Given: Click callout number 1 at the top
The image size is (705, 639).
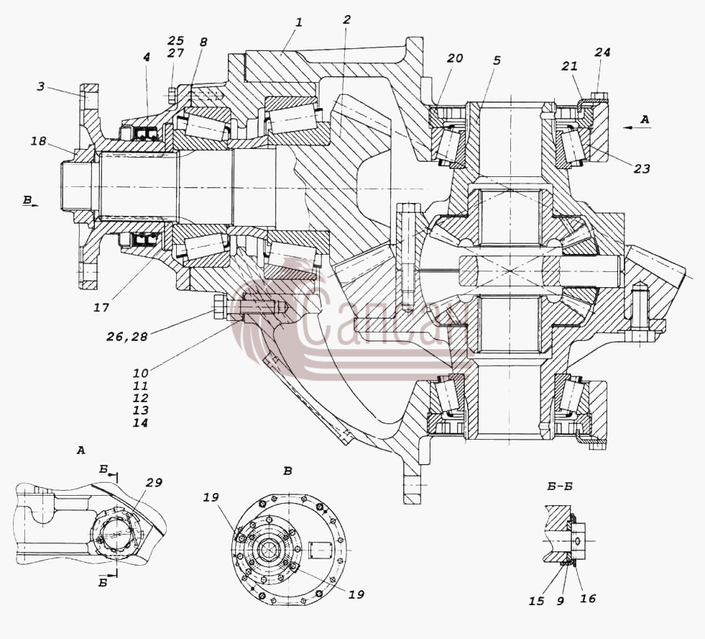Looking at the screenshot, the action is point(299,22).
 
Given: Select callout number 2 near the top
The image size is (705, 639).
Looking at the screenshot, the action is point(346,20).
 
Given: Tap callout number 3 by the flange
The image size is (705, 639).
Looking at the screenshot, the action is point(40,86).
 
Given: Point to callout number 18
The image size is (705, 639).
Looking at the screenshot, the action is point(39,141).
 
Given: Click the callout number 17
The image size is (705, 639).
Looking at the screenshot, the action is point(101,307).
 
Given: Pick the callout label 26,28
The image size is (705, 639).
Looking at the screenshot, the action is point(126,336).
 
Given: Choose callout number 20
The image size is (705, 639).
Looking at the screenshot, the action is point(455,58).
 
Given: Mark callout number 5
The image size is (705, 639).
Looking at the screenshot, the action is point(497,60).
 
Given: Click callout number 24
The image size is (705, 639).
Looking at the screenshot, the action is point(602,53).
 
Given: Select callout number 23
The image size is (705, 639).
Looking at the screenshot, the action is point(642,168).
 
